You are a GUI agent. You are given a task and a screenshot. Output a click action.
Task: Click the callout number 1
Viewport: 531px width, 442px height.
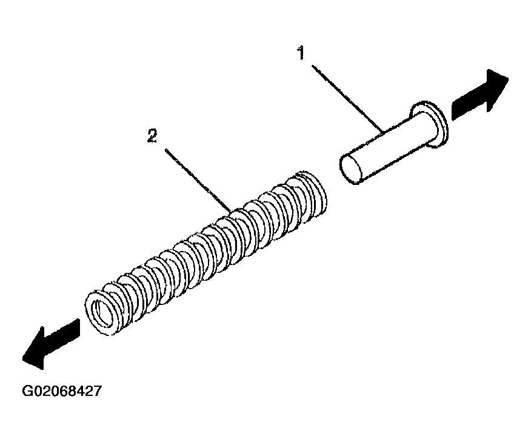[301, 53]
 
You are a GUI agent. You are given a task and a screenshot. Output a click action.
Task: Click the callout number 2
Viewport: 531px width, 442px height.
[152, 136]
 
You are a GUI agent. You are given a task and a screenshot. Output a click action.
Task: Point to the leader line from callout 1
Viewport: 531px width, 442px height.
[348, 99]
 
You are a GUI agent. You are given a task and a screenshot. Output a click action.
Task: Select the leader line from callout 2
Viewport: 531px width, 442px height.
[198, 180]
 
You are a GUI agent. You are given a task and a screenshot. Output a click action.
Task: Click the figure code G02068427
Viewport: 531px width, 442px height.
[62, 391]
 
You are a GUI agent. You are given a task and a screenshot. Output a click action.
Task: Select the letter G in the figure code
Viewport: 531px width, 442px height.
[27, 391]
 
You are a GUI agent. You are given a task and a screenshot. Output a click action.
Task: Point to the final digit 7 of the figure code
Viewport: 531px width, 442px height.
[97, 391]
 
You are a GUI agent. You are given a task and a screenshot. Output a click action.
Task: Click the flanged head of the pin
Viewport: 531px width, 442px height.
[429, 124]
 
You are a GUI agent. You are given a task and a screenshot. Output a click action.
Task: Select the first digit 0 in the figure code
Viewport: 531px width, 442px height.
[37, 391]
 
